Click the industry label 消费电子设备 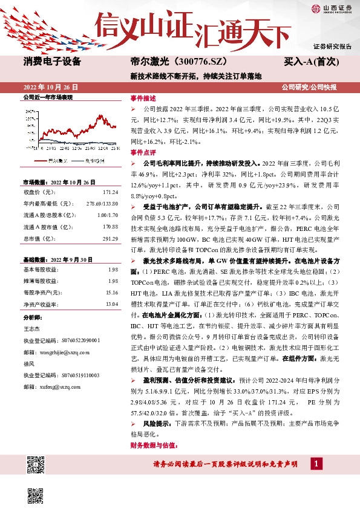52,62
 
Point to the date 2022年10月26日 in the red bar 51,87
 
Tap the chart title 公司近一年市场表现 47,97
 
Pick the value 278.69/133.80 102,203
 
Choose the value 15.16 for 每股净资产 111,292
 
